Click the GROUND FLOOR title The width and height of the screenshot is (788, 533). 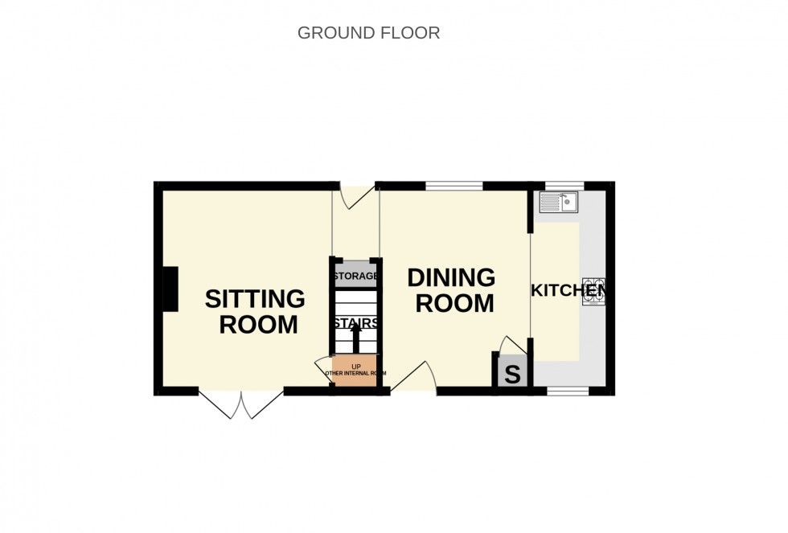point(368,33)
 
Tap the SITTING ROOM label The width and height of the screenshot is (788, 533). point(255,312)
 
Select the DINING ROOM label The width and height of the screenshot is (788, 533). point(451,290)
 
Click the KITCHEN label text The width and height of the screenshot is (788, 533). point(568,290)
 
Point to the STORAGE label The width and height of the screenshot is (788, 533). point(355,277)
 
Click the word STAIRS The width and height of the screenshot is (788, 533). point(355,323)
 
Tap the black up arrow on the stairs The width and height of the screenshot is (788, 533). point(355,339)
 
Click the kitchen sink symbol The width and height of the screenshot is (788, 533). point(558,202)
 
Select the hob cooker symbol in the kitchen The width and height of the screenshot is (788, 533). point(593,291)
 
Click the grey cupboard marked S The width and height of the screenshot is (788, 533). point(512,375)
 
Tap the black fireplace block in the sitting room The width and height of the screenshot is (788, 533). point(170,289)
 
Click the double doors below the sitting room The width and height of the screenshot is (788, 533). point(241,405)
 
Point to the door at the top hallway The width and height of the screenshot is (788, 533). point(356,196)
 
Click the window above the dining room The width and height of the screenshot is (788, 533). point(454,187)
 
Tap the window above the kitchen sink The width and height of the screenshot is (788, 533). point(564,187)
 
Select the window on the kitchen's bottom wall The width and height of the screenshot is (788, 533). point(568,392)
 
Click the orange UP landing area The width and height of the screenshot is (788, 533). point(355,371)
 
